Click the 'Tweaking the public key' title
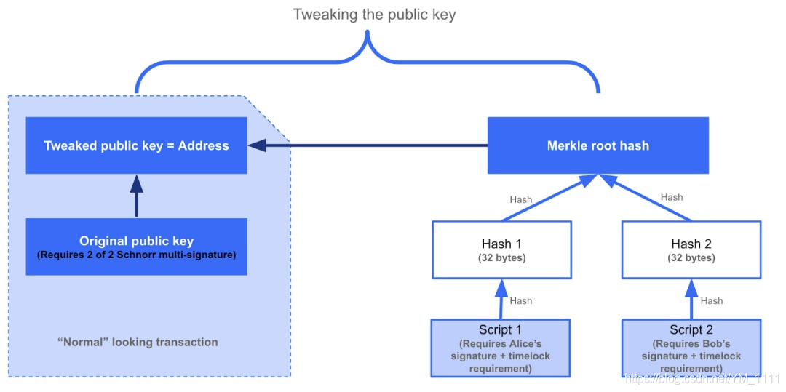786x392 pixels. pyautogui.click(x=375, y=15)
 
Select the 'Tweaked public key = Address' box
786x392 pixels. pyautogui.click(x=136, y=145)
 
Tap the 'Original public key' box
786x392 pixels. pyautogui.click(x=136, y=247)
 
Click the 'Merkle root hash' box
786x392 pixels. pyautogui.click(x=598, y=145)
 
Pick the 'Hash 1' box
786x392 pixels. pyautogui.click(x=501, y=250)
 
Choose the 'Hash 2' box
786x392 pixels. pyautogui.click(x=692, y=250)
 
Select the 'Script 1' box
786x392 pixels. pyautogui.click(x=501, y=348)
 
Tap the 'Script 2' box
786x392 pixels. pyautogui.click(x=693, y=348)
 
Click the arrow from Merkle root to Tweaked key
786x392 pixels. pyautogui.click(x=368, y=145)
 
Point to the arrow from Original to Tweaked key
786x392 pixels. pyautogui.click(x=136, y=196)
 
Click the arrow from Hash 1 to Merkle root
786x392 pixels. pyautogui.click(x=549, y=198)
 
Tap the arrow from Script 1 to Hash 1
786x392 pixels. pyautogui.click(x=501, y=300)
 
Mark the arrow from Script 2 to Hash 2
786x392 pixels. pyautogui.click(x=692, y=300)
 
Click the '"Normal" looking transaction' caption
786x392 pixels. pyautogui.click(x=137, y=343)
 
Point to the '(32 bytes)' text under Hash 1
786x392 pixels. pyautogui.click(x=501, y=260)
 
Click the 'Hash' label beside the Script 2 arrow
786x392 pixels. pyautogui.click(x=711, y=301)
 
